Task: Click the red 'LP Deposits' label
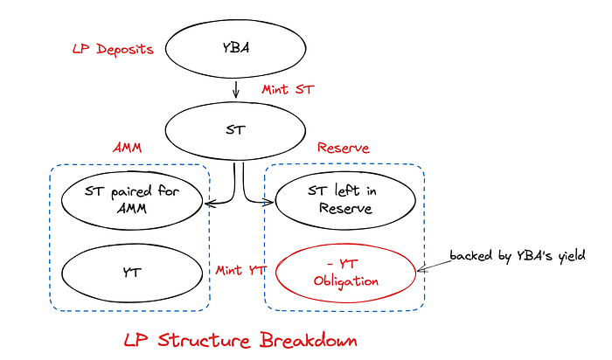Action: tap(113, 50)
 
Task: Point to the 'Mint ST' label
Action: tap(288, 90)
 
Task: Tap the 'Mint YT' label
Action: tap(240, 271)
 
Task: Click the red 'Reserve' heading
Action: tap(343, 148)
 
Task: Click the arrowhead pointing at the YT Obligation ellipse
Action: tap(421, 268)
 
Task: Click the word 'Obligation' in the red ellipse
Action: tap(346, 281)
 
